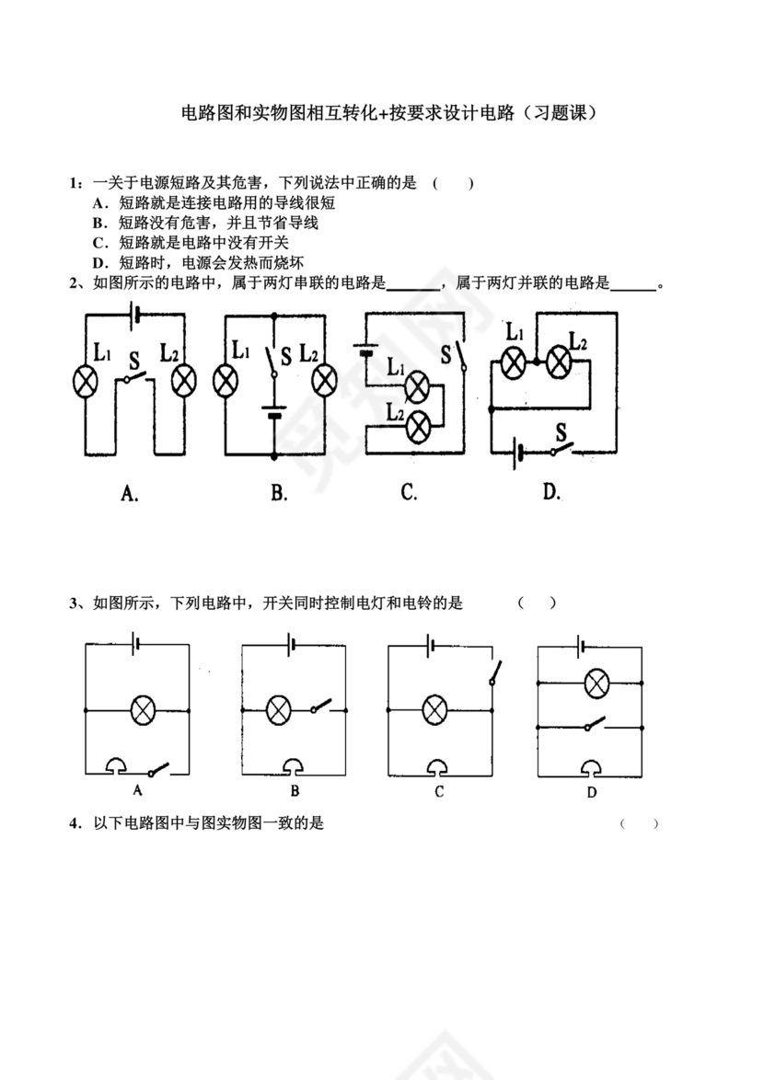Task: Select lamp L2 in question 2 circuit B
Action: pos(325,380)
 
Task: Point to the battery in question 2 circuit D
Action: pos(522,452)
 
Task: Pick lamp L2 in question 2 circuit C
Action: pos(419,425)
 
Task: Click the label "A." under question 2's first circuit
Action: pos(130,494)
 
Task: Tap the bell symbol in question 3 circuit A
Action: pos(117,765)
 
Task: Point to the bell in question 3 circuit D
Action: pos(591,766)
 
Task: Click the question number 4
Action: pos(74,823)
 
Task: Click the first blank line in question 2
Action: pos(414,286)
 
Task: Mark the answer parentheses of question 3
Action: pos(537,603)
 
